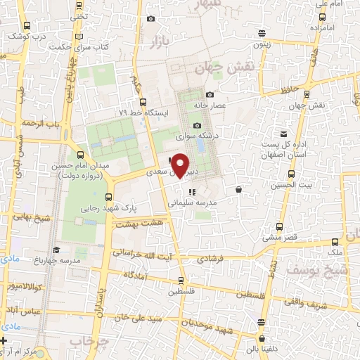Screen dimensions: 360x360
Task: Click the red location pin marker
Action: (x=181, y=165)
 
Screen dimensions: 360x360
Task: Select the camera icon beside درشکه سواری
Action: (x=198, y=124)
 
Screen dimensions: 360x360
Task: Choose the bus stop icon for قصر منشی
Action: (x=279, y=226)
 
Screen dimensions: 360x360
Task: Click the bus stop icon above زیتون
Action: (x=262, y=32)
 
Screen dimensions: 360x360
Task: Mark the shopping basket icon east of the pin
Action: (x=239, y=189)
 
